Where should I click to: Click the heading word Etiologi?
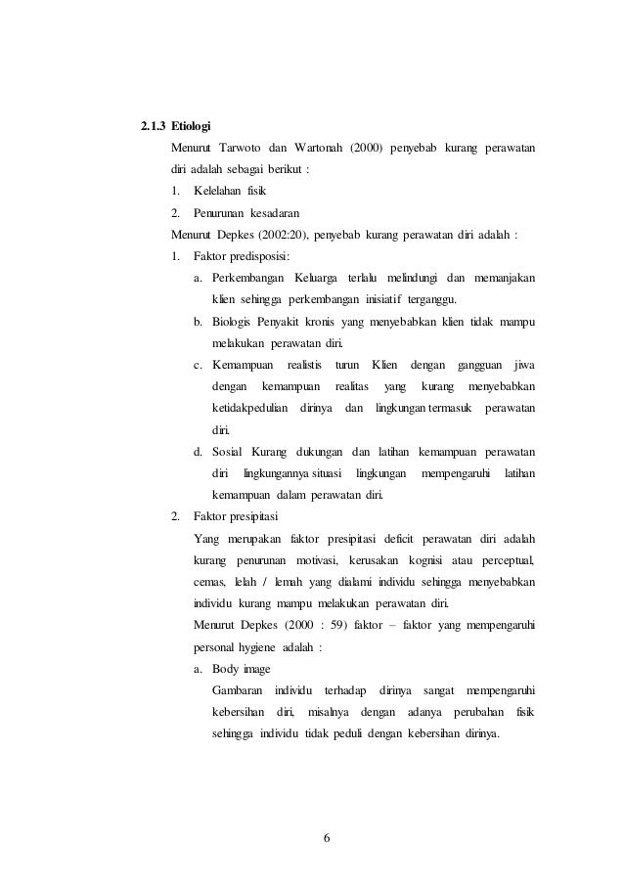pos(193,127)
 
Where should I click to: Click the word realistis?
pos(303,364)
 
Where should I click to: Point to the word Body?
pos(226,669)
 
